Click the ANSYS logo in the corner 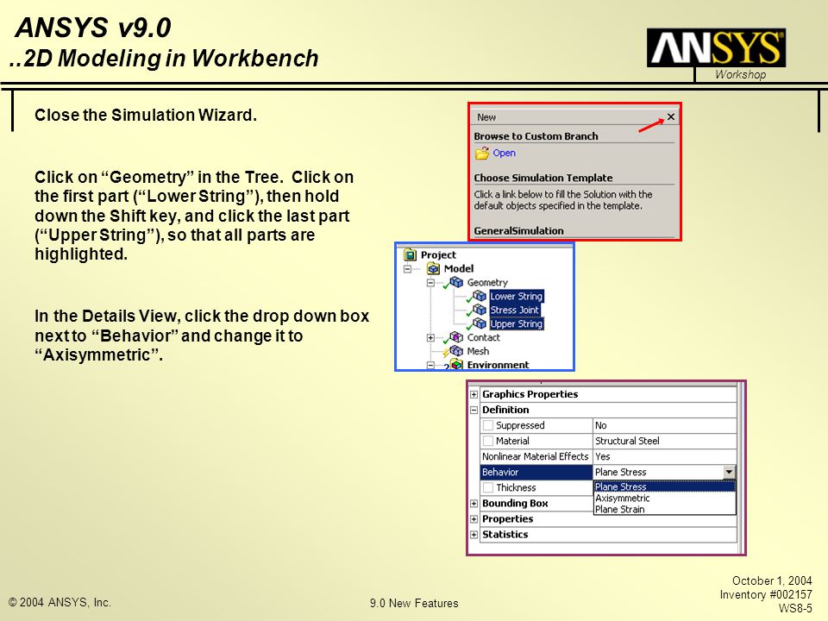click(716, 48)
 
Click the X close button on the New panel click(671, 116)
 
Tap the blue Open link click(504, 154)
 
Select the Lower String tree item click(516, 296)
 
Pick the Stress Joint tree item click(514, 310)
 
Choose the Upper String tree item click(516, 323)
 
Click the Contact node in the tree click(483, 337)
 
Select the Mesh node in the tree click(478, 351)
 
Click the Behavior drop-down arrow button click(729, 472)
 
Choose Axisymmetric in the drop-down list click(622, 498)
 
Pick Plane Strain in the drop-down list click(619, 509)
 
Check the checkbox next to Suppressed click(488, 425)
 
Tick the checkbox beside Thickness click(488, 487)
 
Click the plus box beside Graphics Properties click(474, 394)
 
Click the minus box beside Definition click(474, 410)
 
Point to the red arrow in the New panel click(651, 126)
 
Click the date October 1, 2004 click(771, 580)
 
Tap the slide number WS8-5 click(795, 608)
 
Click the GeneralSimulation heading click(518, 231)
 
